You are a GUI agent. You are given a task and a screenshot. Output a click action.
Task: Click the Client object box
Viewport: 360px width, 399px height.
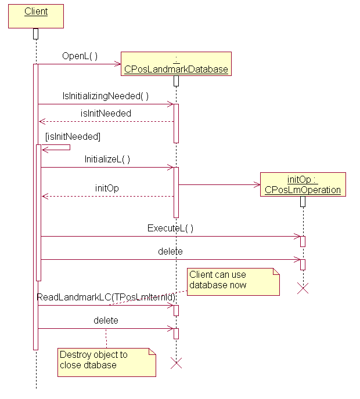(36, 16)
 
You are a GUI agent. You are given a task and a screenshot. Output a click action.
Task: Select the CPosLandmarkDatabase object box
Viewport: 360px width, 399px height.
(176, 64)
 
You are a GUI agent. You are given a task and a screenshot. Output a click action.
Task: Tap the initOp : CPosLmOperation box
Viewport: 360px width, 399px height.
(303, 184)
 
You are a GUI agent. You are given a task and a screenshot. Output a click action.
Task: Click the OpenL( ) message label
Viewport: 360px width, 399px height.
(80, 56)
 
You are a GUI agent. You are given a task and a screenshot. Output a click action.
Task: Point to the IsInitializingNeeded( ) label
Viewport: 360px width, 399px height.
(106, 96)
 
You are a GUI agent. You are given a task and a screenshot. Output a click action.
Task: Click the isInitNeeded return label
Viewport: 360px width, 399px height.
(105, 113)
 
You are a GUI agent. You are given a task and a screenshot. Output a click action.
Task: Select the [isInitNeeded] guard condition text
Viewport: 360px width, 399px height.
(73, 137)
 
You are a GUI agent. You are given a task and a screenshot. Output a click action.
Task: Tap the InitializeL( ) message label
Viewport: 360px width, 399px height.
(107, 159)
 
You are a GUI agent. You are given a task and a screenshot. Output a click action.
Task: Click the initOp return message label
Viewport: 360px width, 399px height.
(107, 188)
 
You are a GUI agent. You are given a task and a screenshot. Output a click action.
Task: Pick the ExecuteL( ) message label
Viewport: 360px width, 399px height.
(170, 228)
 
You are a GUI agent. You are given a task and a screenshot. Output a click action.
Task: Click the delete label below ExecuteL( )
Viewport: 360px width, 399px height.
(170, 251)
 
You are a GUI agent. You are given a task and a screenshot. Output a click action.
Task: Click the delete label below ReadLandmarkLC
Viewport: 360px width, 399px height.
(106, 320)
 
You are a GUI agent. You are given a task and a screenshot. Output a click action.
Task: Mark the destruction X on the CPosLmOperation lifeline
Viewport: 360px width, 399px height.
(303, 288)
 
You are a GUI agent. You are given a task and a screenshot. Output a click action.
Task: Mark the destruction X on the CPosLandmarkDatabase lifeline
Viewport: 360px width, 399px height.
(176, 363)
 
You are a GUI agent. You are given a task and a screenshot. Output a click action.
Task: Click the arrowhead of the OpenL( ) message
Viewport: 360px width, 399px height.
(117, 64)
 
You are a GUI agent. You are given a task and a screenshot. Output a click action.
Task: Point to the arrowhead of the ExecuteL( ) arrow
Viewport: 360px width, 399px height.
(296, 236)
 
